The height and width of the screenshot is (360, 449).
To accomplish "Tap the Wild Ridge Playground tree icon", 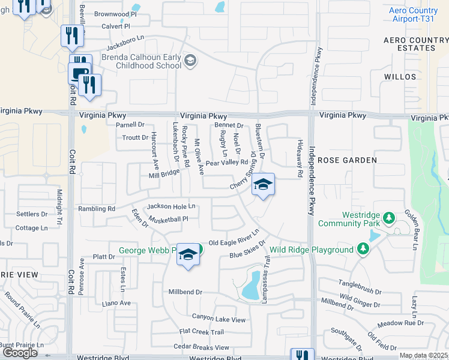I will point(362,249).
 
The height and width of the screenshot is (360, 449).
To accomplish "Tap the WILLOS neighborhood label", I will point(401,77).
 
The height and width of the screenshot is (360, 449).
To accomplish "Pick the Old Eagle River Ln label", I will point(234,238).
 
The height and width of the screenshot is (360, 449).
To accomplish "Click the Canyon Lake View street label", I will point(218,317).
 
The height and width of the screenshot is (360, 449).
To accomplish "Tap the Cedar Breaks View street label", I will point(201,347).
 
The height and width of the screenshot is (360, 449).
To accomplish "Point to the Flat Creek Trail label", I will point(201,332).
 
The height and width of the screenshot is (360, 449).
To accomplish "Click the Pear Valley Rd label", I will point(226,163).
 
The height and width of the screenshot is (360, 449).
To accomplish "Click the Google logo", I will point(20,353).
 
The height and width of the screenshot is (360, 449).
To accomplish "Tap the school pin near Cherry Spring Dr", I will point(263,185).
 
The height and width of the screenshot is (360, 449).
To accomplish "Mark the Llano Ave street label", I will point(116,303).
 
